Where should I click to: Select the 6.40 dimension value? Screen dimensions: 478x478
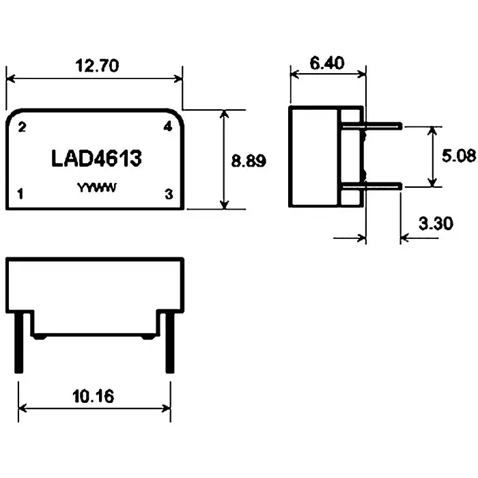click(x=326, y=64)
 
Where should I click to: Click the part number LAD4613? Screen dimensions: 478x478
click(x=96, y=159)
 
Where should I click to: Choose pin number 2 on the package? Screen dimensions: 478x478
click(x=22, y=127)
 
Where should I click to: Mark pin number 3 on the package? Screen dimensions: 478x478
click(x=169, y=194)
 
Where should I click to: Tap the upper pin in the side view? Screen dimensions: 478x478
click(x=382, y=126)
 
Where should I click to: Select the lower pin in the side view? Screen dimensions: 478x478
click(x=382, y=186)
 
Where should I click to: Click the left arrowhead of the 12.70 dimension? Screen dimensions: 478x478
click(x=10, y=78)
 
